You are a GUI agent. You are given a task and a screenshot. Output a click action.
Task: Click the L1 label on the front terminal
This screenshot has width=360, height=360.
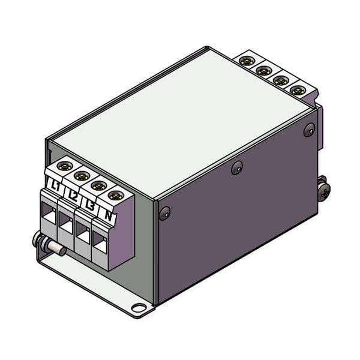56,185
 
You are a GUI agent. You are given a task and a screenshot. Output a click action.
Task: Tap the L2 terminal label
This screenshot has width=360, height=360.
73,194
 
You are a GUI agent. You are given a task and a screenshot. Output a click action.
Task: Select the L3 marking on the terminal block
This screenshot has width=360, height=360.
90,205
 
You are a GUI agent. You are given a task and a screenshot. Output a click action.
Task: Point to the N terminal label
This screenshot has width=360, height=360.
108,214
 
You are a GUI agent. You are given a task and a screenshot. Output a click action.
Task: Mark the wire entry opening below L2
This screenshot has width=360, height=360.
65,222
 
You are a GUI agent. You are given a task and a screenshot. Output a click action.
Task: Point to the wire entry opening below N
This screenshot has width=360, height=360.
99,242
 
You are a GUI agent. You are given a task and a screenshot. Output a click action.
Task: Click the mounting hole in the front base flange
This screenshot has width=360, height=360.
139,309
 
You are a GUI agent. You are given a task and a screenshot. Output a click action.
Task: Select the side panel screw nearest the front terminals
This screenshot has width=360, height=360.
164,212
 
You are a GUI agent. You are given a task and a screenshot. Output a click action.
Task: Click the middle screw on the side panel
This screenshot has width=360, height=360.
238,168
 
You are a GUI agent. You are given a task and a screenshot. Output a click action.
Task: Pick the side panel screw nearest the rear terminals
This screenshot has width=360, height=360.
309,129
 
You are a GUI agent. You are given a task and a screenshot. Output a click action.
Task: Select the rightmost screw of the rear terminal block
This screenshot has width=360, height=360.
297,90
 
